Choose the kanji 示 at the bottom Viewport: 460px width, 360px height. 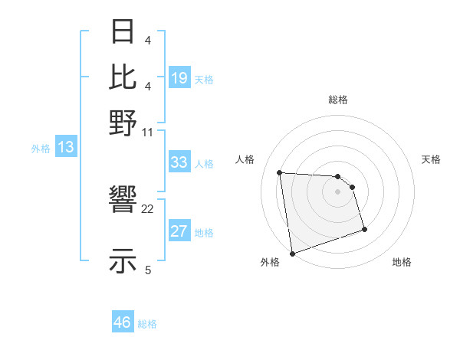tap(123, 260)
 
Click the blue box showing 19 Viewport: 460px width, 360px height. tap(179, 79)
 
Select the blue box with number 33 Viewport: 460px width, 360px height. tap(179, 162)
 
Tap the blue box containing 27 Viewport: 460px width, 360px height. tap(179, 232)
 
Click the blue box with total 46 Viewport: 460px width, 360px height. tap(122, 322)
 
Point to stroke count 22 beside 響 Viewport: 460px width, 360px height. tap(148, 208)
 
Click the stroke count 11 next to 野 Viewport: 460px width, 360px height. tap(148, 132)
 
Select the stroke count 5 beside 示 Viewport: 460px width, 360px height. tap(148, 270)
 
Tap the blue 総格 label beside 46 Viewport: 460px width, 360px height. tap(147, 324)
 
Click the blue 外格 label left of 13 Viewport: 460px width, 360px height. tap(41, 149)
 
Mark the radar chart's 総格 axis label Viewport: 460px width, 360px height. tap(337, 100)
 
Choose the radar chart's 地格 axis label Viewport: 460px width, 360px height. tap(402, 262)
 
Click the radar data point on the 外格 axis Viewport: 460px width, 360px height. tap(291, 254)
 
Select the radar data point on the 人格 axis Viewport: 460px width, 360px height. tap(280, 172)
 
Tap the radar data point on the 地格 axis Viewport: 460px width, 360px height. tap(364, 229)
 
